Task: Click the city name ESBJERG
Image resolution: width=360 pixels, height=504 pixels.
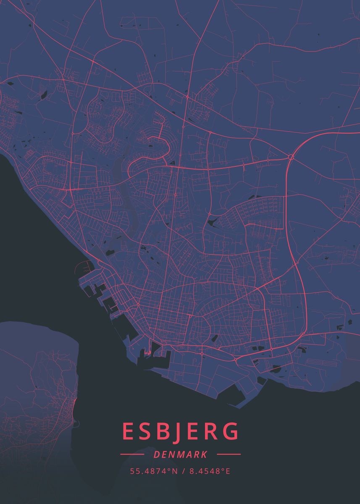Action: [x=181, y=432]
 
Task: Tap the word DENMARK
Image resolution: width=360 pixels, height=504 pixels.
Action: [x=180, y=454]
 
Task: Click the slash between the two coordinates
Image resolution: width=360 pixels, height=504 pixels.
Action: [x=183, y=471]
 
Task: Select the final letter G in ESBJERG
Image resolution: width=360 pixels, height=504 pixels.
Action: [x=231, y=432]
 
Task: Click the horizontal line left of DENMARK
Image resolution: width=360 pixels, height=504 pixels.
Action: [x=132, y=454]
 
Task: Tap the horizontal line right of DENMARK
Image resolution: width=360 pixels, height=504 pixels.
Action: [x=229, y=454]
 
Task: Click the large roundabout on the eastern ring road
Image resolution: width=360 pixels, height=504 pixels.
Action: [x=291, y=157]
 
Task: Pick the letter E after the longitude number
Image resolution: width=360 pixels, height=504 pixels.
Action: [x=228, y=471]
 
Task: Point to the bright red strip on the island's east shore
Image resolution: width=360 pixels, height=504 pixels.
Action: [x=74, y=405]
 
